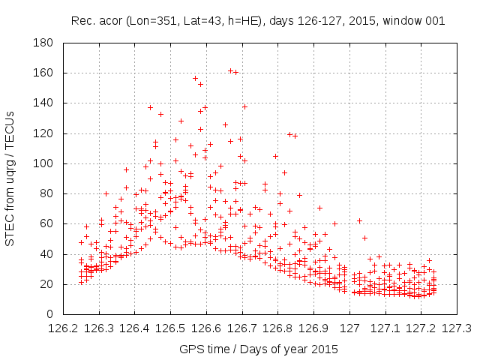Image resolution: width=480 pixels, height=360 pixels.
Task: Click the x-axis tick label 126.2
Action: point(62,328)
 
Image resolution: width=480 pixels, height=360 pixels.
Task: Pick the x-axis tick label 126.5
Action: point(170,328)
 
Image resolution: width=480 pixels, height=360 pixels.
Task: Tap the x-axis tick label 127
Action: point(349,328)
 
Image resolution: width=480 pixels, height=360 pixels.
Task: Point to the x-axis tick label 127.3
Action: point(457,328)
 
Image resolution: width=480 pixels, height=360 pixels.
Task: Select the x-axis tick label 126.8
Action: point(277,328)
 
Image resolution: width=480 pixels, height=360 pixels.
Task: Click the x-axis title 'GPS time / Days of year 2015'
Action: point(259,349)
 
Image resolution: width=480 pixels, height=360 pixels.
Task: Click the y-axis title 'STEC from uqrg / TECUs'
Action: point(12,178)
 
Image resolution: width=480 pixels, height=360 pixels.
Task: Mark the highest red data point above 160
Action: point(230,70)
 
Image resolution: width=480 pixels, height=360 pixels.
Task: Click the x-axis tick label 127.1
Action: point(385,328)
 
